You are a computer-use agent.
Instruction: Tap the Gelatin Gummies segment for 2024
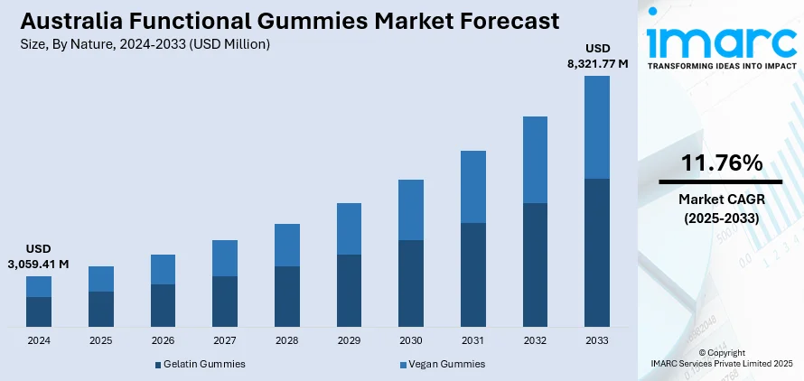coord(39,311)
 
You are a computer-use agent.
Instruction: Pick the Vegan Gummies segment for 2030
coord(411,209)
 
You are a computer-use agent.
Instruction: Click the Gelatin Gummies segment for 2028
coord(287,296)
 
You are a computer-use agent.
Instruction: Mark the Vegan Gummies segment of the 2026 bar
coord(163,269)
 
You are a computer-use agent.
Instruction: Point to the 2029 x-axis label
coord(349,340)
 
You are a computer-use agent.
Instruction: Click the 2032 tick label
coord(535,340)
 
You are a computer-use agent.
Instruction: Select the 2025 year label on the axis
coord(100,340)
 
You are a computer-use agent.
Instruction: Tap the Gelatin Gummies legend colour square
coord(157,365)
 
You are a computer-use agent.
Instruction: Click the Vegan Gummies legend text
coord(447,364)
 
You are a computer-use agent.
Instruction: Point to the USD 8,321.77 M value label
coord(597,55)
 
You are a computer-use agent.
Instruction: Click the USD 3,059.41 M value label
coord(38,256)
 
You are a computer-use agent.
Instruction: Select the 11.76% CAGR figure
coord(721,163)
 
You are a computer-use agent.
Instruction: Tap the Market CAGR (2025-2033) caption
coord(721,208)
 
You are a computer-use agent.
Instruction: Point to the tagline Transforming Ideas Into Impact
coord(720,67)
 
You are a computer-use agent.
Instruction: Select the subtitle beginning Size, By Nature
coord(141,43)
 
